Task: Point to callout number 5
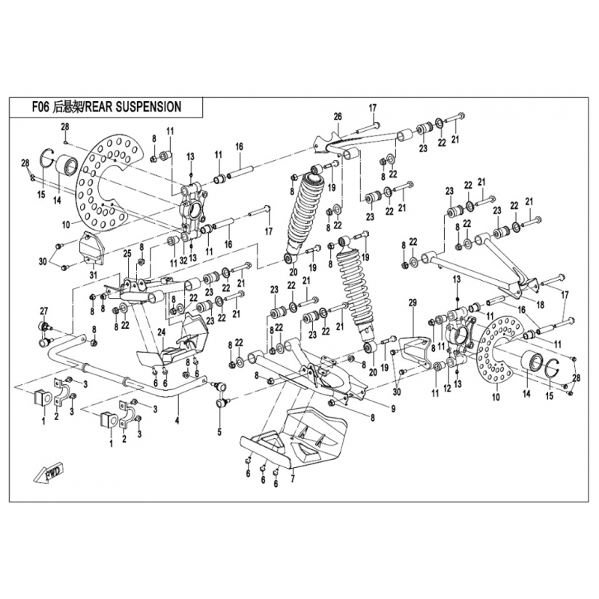tap(220, 432)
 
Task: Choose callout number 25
tap(127, 252)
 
